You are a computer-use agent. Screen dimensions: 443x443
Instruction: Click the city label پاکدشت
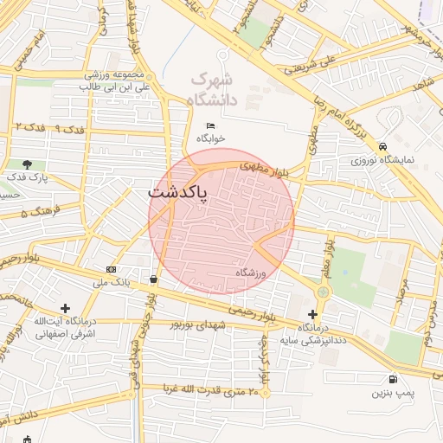(178, 192)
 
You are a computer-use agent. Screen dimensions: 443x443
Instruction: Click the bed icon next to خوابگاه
(210, 126)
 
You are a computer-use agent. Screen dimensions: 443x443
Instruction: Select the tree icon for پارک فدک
(29, 164)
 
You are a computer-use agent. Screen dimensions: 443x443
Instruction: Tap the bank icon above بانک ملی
(111, 269)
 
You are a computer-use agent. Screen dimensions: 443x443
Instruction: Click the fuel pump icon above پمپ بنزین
(395, 379)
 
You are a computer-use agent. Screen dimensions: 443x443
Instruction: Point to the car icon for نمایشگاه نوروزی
(382, 146)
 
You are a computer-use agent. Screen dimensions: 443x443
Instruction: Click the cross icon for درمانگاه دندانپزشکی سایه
(312, 313)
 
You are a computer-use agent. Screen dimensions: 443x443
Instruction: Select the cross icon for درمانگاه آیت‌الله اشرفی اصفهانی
(65, 307)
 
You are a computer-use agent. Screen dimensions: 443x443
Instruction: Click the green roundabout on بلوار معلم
(324, 292)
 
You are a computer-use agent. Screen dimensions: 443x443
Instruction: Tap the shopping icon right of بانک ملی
(154, 279)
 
